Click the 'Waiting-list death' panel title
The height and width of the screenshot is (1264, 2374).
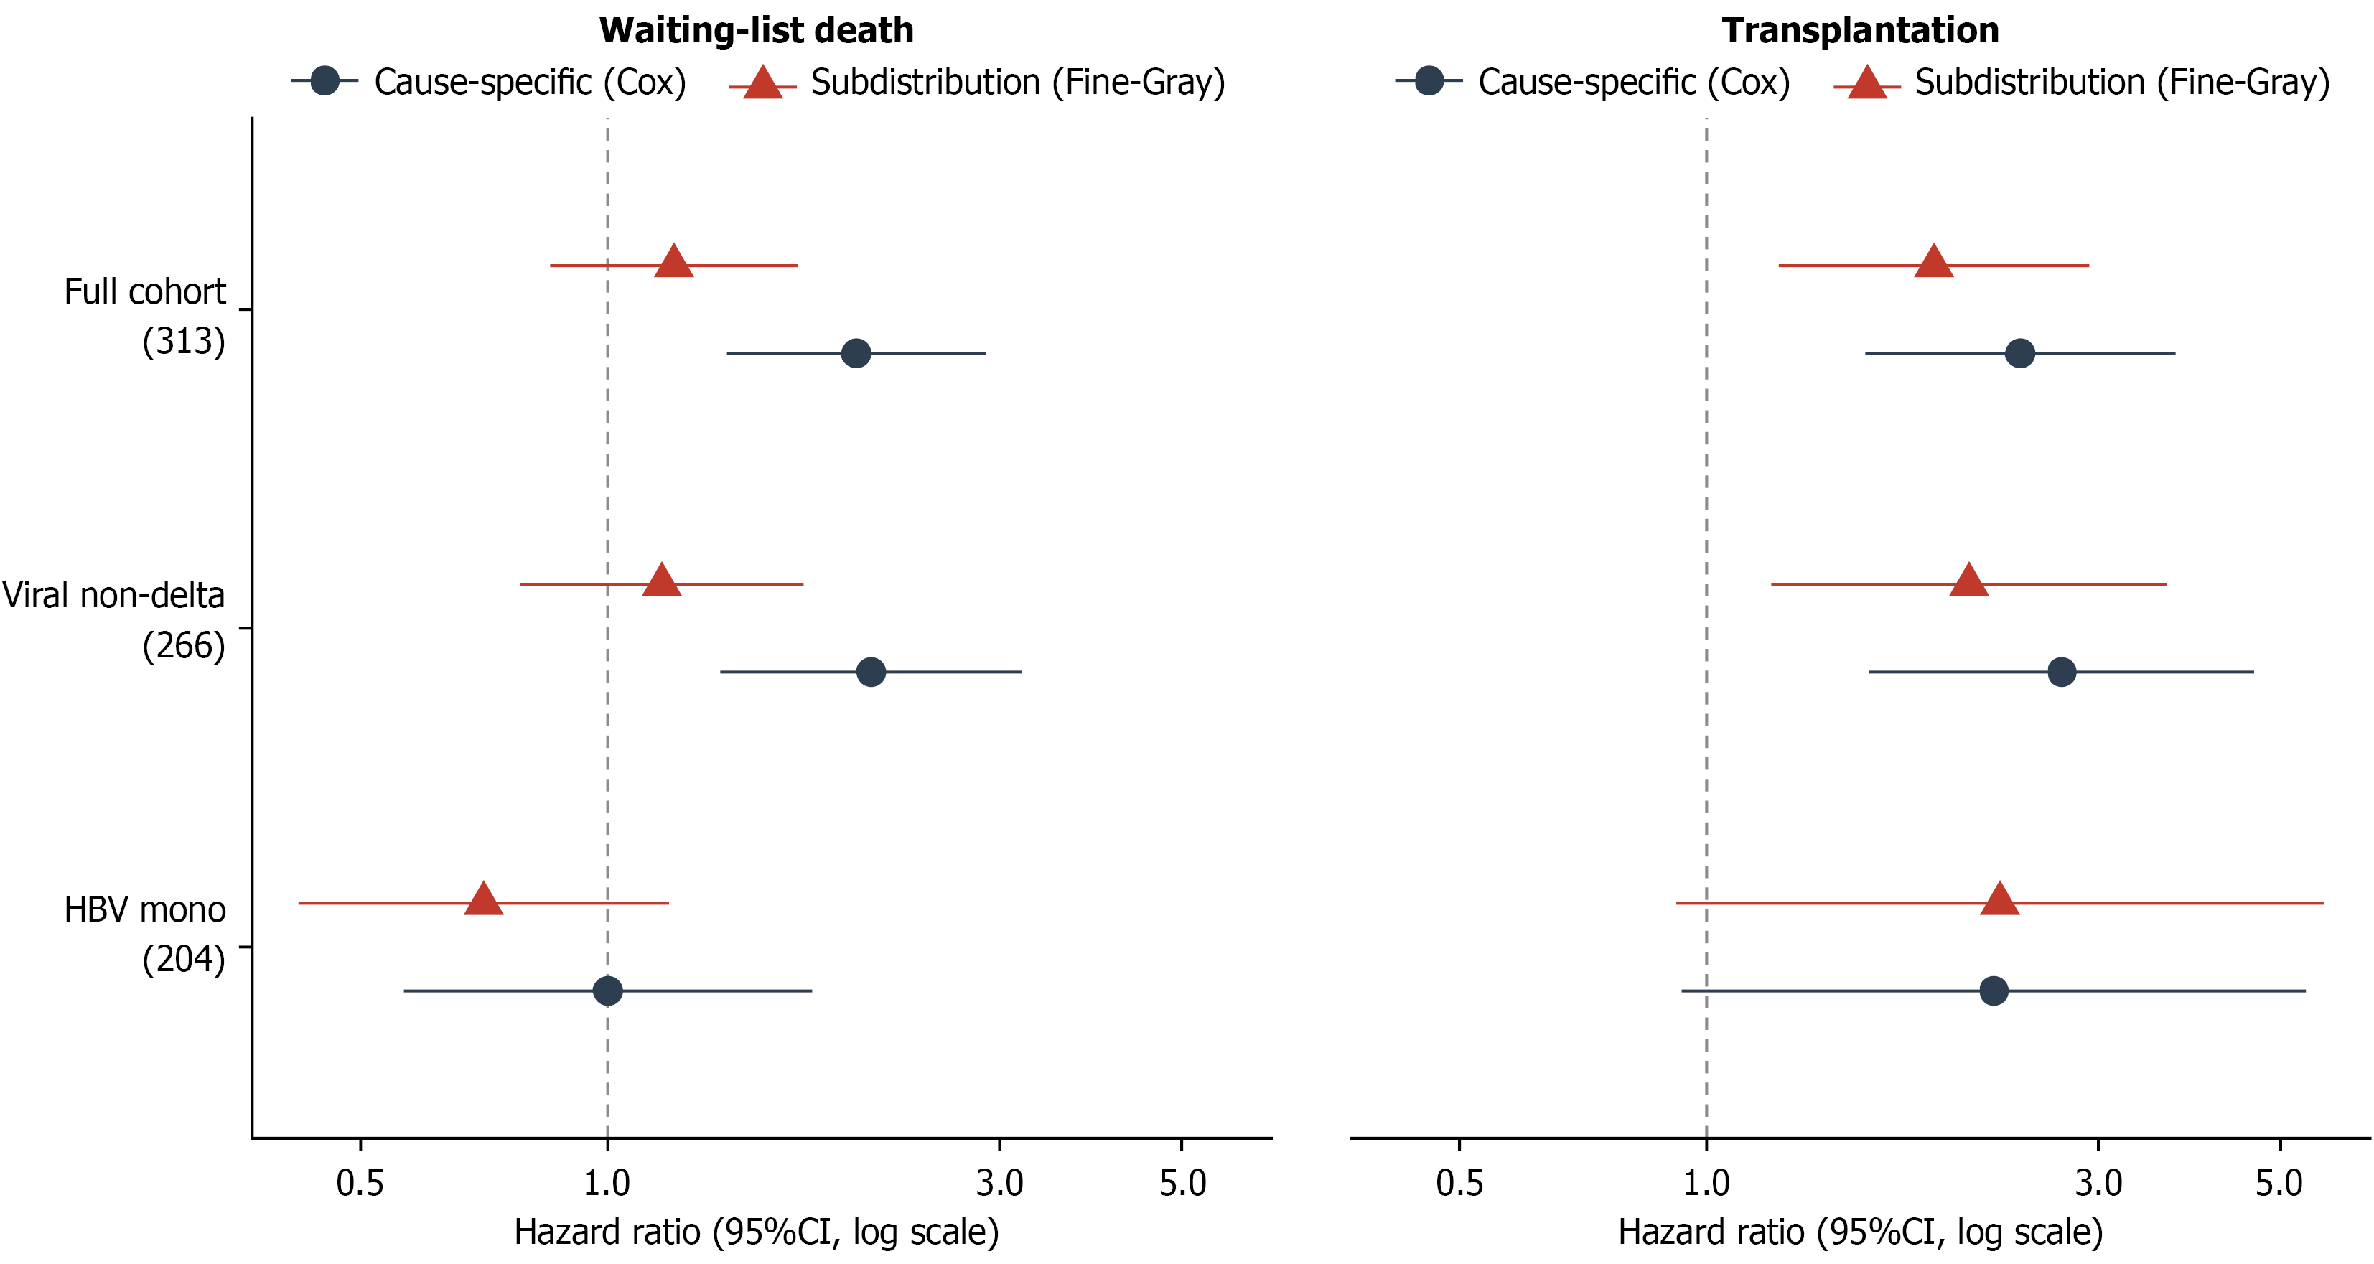click(x=756, y=30)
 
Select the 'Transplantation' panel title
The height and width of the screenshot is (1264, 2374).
click(x=1860, y=30)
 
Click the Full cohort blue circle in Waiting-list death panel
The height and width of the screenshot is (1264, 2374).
click(x=856, y=353)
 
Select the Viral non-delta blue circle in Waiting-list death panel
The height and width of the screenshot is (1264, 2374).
click(x=871, y=672)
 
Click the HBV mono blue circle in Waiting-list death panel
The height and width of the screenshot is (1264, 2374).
click(x=607, y=991)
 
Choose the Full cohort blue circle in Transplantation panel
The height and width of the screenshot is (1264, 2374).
click(x=2020, y=353)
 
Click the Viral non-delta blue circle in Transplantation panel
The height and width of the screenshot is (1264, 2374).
click(x=2062, y=672)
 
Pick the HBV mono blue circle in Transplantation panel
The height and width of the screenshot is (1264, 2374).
click(x=1994, y=991)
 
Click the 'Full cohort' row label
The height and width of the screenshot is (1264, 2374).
click(x=145, y=292)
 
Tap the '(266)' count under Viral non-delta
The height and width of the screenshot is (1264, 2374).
click(x=183, y=646)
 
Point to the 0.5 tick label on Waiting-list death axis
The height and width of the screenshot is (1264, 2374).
click(x=360, y=1183)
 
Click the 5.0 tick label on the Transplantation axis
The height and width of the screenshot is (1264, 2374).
click(x=2280, y=1183)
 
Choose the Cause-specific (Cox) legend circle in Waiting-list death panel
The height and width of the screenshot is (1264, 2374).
click(x=324, y=81)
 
